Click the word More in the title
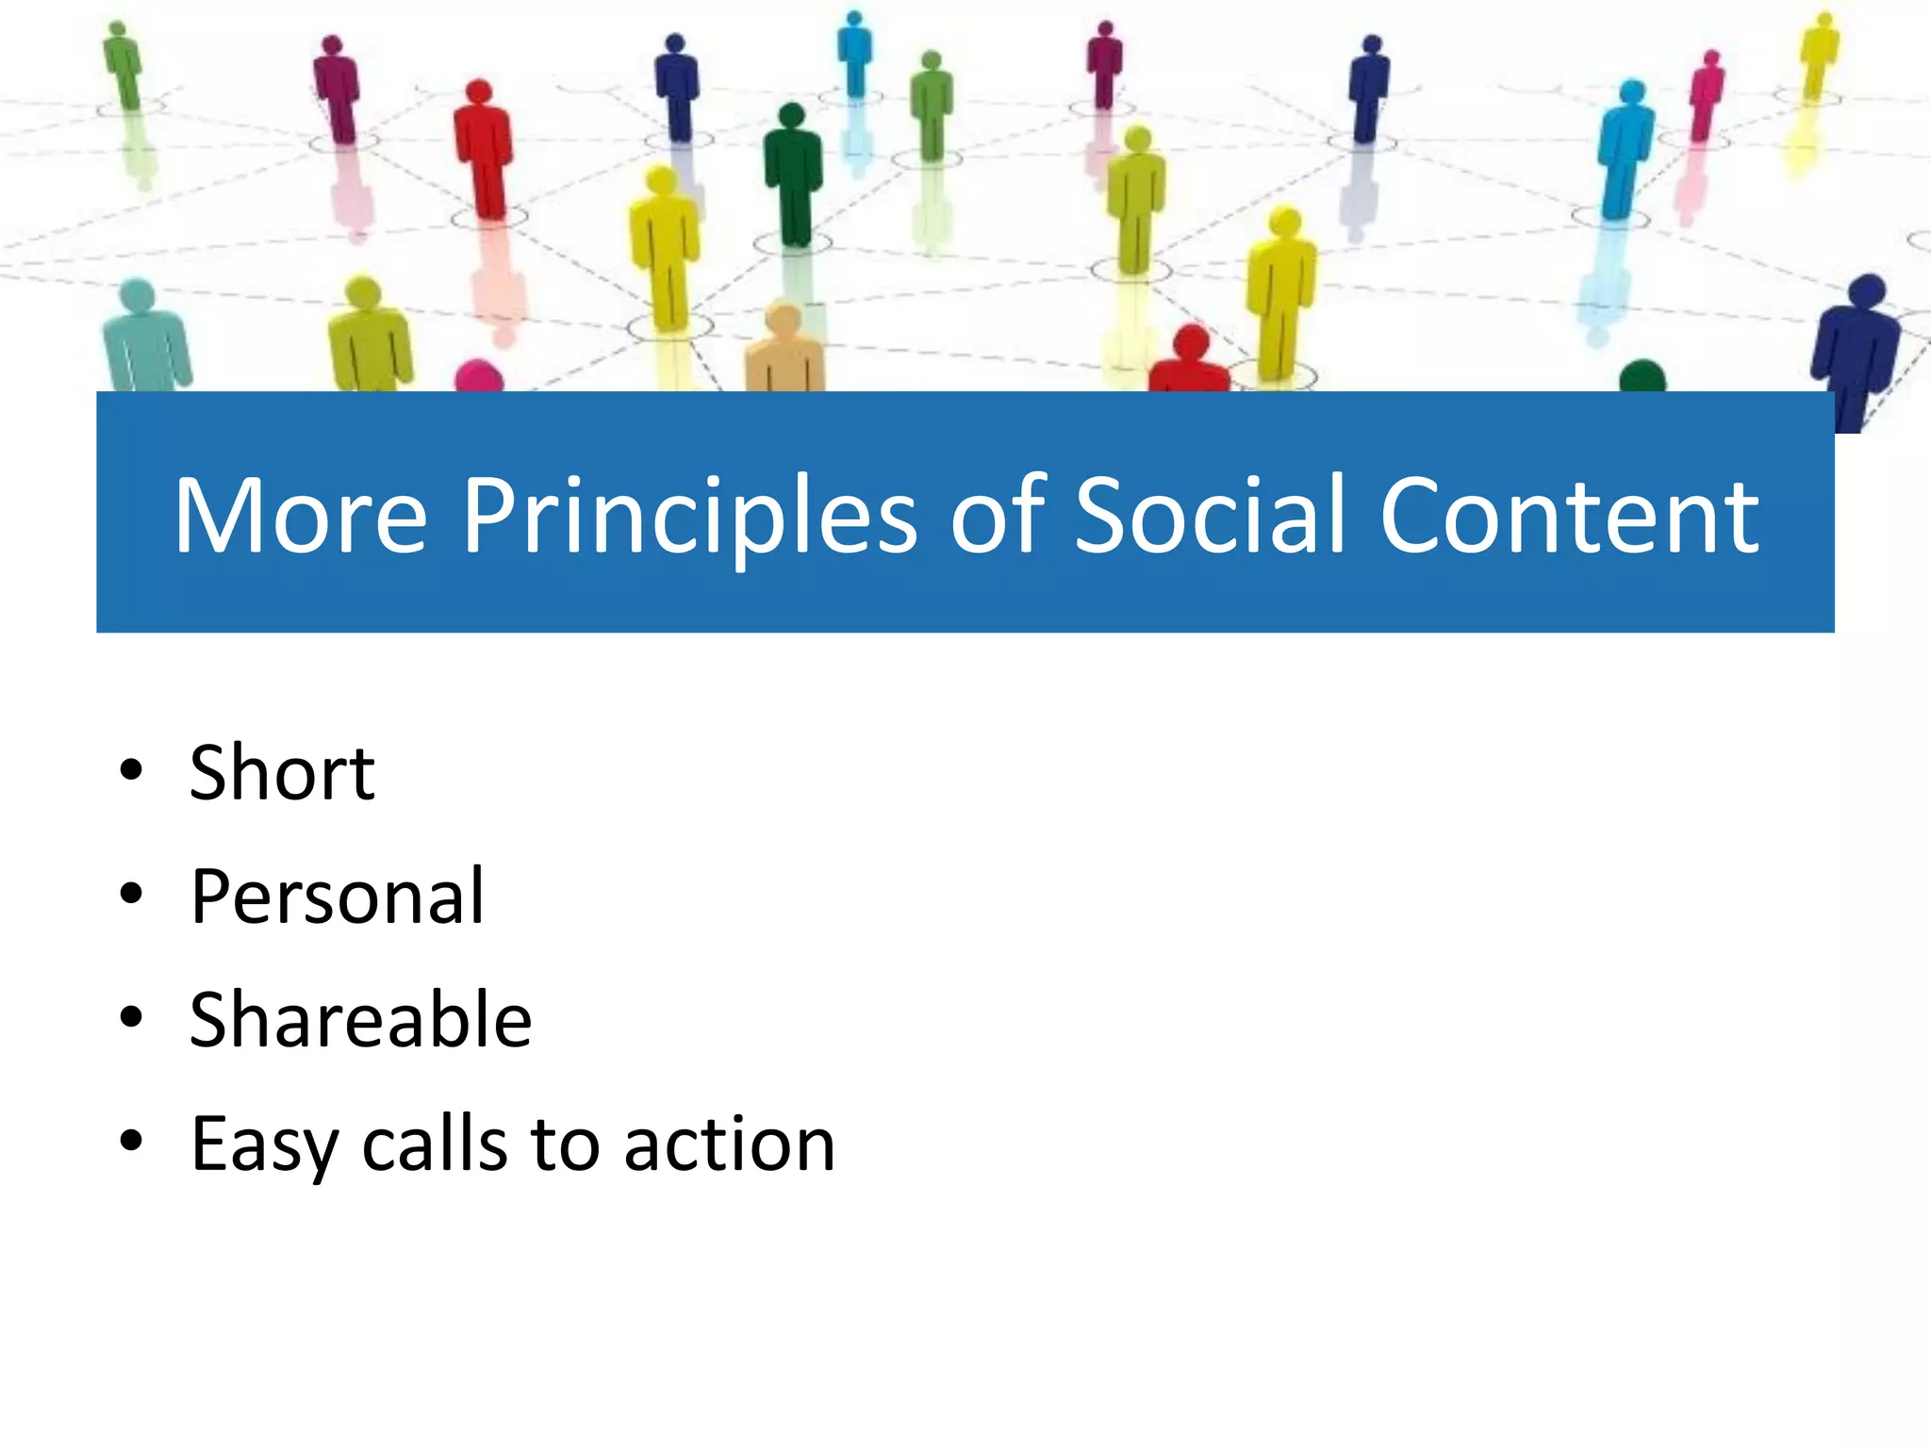(x=300, y=517)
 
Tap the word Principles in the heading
(x=688, y=517)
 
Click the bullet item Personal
(x=337, y=897)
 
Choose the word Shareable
(x=360, y=1020)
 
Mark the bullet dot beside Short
(x=131, y=770)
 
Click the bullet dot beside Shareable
(x=131, y=1017)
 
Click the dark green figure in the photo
(x=793, y=174)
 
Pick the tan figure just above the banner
(x=784, y=349)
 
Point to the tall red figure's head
(x=479, y=91)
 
